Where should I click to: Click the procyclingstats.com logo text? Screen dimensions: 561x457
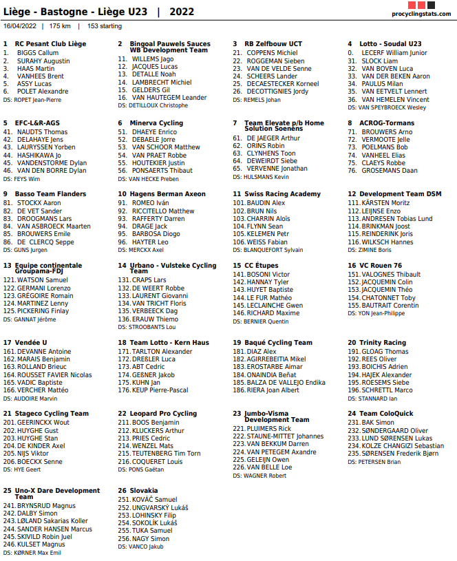tap(421, 14)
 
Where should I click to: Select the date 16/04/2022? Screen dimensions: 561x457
tap(20, 26)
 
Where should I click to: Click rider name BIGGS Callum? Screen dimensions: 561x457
tap(38, 52)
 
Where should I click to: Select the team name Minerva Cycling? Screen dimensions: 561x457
tap(156, 123)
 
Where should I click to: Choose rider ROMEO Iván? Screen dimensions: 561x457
tap(150, 203)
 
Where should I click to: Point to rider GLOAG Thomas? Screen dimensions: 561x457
tap(385, 351)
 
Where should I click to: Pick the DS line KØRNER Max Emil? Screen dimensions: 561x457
tap(37, 552)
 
